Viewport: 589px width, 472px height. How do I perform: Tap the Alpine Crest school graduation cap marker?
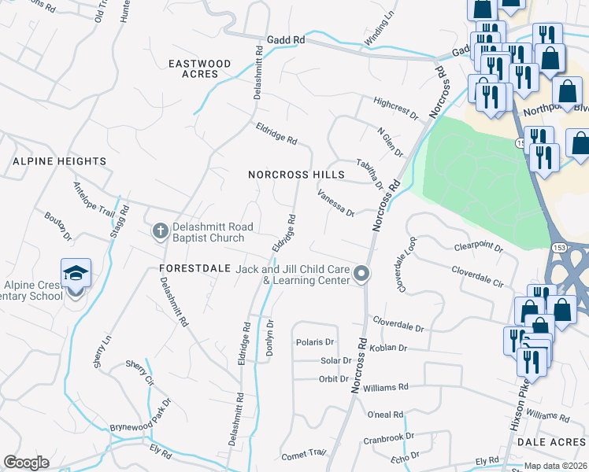point(76,274)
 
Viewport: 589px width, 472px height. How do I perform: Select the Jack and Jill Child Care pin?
point(361,274)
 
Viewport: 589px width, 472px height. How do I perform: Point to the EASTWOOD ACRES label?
point(201,68)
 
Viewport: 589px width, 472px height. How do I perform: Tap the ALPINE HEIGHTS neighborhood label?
point(59,161)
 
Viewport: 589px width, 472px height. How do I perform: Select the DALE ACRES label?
point(552,443)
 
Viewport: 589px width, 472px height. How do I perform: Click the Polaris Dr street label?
point(315,342)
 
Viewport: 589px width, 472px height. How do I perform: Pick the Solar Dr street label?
point(335,360)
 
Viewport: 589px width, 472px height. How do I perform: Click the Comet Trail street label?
point(303,453)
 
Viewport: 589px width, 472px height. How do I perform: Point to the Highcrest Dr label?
point(396,109)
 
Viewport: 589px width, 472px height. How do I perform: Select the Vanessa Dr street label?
point(336,202)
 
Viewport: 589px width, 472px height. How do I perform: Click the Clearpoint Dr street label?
point(478,247)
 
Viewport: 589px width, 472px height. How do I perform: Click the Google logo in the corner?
point(26,462)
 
